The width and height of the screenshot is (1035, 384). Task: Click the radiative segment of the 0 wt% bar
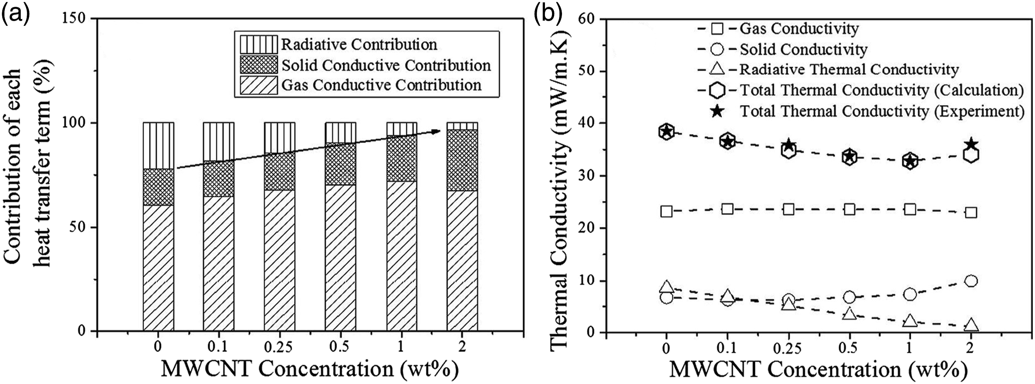point(158,145)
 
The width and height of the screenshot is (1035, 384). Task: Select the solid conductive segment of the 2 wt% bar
point(462,160)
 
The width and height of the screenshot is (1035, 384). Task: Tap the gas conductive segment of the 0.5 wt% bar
point(340,258)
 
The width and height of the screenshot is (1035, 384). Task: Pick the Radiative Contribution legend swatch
point(259,44)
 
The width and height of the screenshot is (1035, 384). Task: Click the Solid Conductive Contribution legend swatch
point(259,65)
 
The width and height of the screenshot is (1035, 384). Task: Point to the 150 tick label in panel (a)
point(76,19)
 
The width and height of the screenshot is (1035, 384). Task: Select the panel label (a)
point(15,14)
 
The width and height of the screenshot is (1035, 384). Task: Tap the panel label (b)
point(548,14)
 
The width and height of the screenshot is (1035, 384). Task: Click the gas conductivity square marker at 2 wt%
point(971,213)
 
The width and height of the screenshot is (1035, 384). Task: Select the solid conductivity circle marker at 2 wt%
point(971,281)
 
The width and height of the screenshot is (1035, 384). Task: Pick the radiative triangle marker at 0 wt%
point(666,286)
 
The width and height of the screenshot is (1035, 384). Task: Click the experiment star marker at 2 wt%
point(971,144)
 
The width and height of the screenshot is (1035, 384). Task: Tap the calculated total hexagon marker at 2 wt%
point(971,155)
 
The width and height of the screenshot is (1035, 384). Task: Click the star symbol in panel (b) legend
point(717,111)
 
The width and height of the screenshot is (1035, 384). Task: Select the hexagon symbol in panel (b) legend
point(717,91)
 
